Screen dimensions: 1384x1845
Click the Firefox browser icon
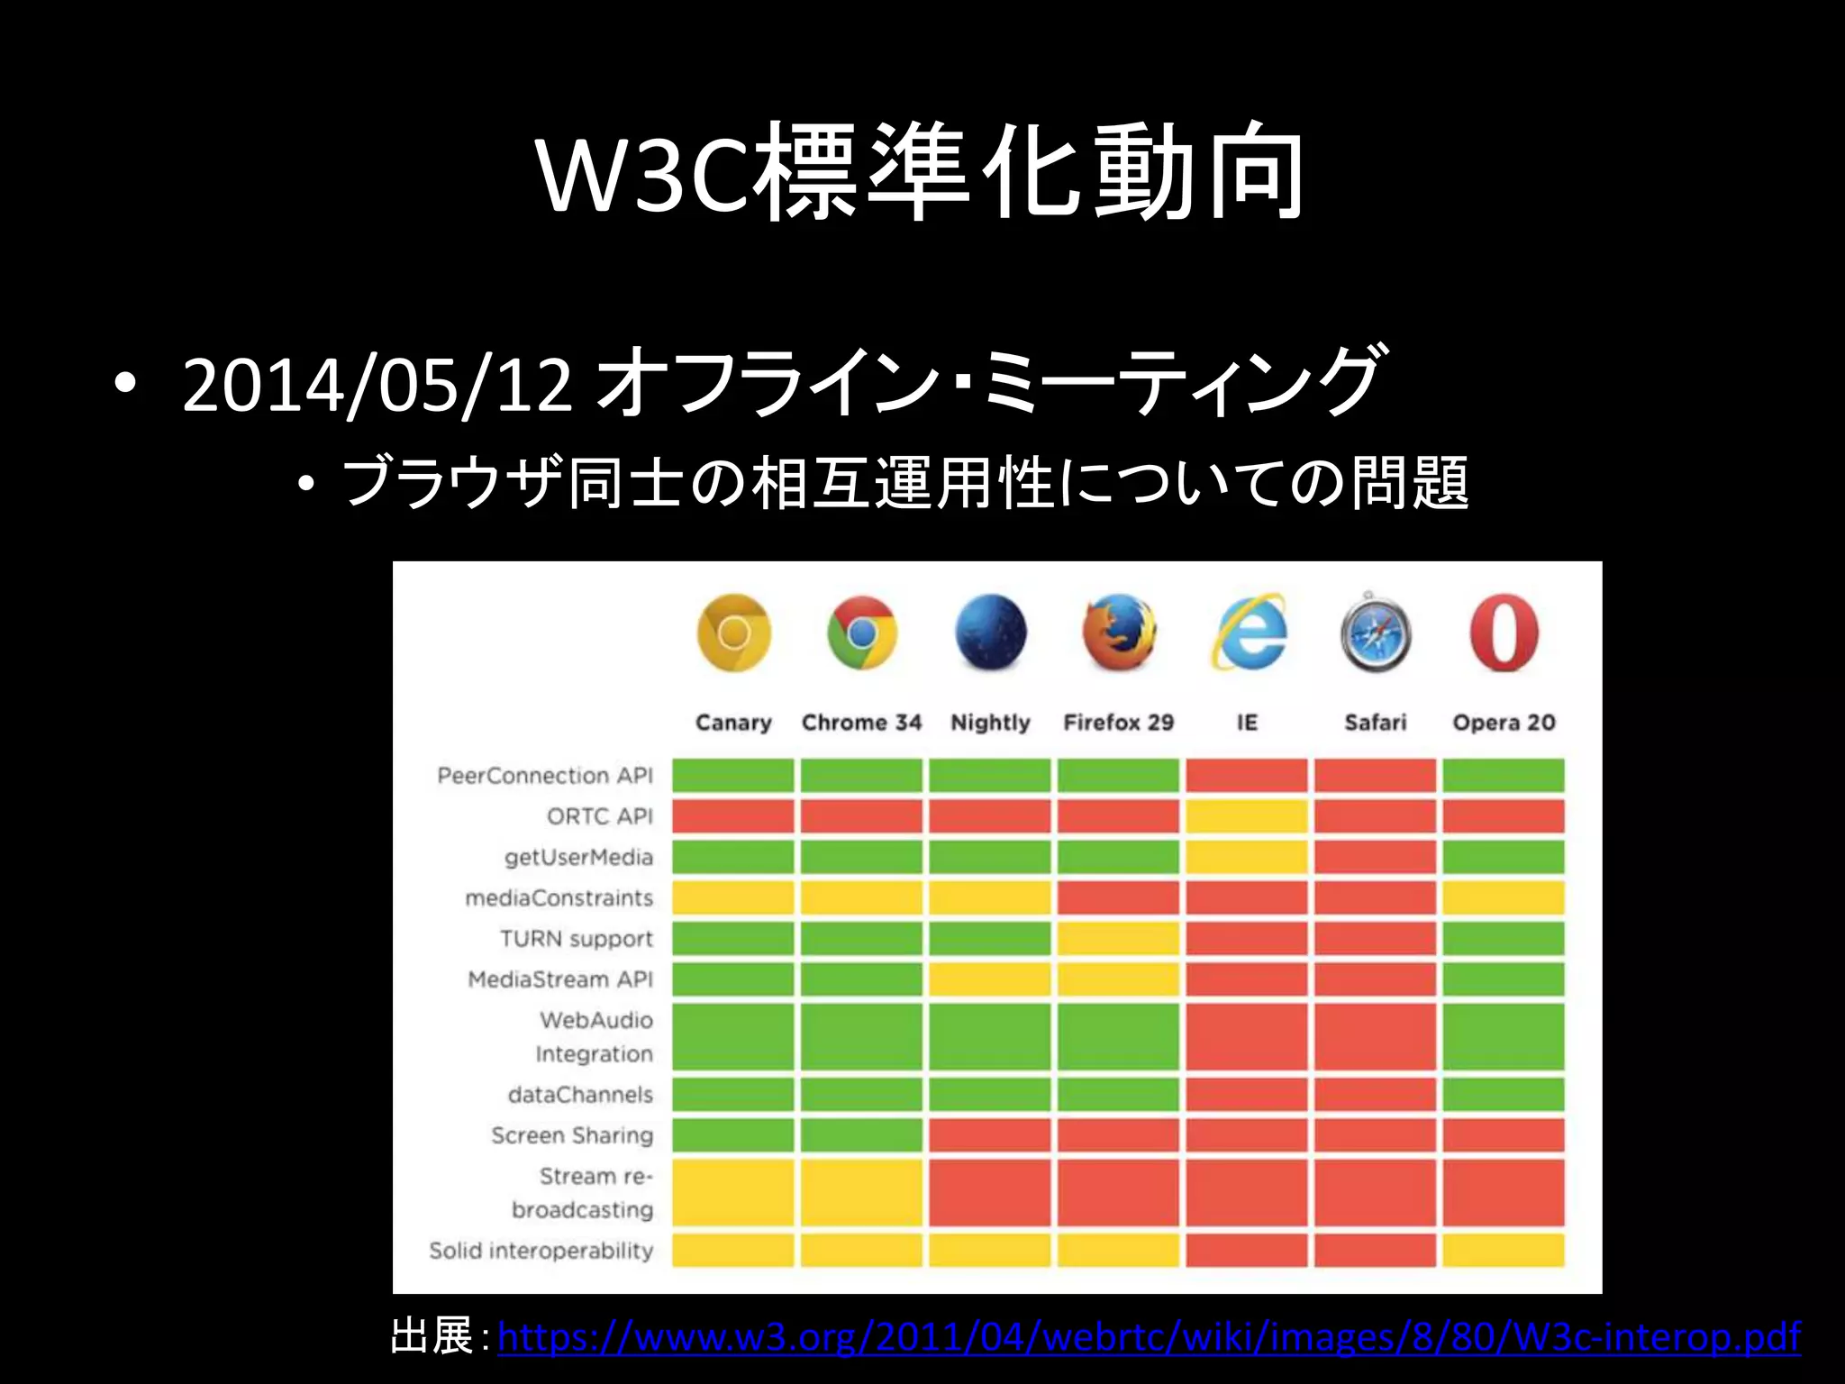click(x=1118, y=632)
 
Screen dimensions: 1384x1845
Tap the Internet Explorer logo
click(x=1248, y=632)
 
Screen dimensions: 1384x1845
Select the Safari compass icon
click(x=1375, y=633)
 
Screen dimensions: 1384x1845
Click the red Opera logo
click(x=1503, y=632)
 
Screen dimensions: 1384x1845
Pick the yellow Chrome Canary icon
click(x=733, y=632)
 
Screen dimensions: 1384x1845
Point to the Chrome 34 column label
click(x=861, y=723)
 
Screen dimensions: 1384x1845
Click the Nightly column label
click(x=990, y=723)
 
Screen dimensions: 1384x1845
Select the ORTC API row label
click(x=599, y=816)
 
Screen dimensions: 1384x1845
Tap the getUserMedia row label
click(x=578, y=857)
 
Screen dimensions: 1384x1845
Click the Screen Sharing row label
click(x=572, y=1135)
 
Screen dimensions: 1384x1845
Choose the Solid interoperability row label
click(x=541, y=1251)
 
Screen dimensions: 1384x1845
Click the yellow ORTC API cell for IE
click(x=1246, y=816)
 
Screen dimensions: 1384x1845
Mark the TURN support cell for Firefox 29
click(x=1118, y=939)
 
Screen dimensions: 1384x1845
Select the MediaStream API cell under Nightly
click(x=989, y=979)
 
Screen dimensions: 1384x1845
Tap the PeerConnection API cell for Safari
click(x=1375, y=776)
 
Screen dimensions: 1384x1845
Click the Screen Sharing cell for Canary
click(x=733, y=1135)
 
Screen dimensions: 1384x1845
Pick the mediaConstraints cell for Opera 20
click(x=1503, y=898)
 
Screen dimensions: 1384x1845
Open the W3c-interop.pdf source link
click(x=1148, y=1337)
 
